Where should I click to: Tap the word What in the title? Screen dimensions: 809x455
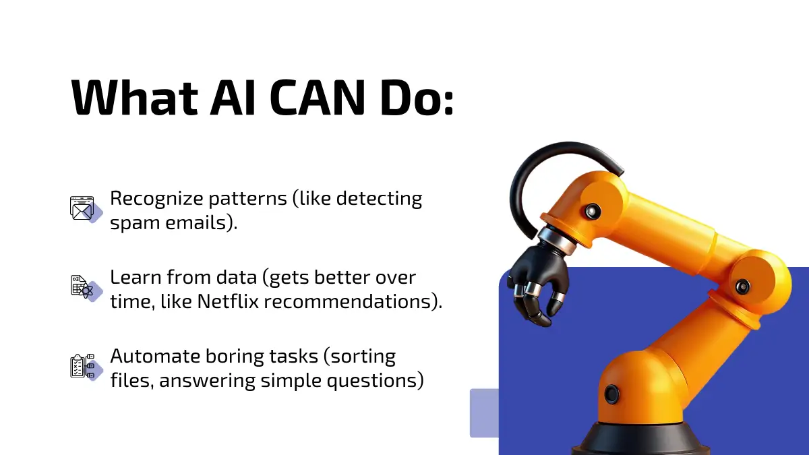[x=134, y=97]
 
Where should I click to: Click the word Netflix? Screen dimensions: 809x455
[x=228, y=301]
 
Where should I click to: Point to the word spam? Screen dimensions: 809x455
[x=135, y=224]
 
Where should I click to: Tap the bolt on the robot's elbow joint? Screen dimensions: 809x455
[x=742, y=286]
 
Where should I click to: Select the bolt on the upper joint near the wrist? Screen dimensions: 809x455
[x=593, y=211]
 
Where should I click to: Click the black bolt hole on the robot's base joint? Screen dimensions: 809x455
[x=611, y=394]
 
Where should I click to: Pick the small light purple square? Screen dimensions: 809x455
[x=484, y=413]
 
